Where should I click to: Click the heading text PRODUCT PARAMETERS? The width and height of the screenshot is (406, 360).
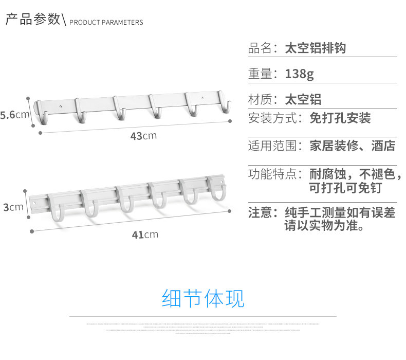(106, 23)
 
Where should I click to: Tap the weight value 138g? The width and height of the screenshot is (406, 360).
(299, 74)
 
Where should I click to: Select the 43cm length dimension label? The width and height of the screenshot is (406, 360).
(143, 136)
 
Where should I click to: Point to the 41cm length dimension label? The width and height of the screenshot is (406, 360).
(144, 235)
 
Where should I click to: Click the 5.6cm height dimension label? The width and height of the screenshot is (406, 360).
(15, 115)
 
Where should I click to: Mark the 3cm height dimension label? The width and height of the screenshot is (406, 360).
(13, 207)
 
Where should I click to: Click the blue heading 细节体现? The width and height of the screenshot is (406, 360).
(203, 299)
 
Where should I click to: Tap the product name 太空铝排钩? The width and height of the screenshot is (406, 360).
(316, 48)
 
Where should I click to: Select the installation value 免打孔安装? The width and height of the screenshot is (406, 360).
(340, 118)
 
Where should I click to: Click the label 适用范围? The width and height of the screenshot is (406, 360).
(273, 146)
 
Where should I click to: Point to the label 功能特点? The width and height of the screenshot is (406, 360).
(273, 174)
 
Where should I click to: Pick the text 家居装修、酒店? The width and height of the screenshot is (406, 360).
(353, 146)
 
